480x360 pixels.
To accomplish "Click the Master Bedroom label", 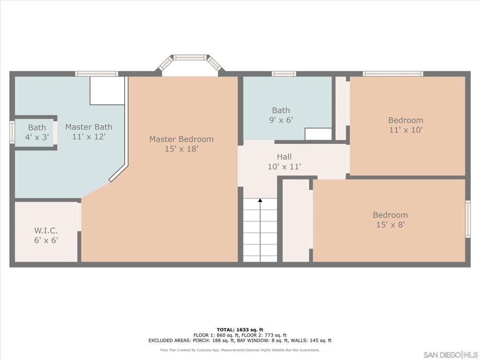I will click(x=181, y=139).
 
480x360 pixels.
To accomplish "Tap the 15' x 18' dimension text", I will click(x=181, y=149).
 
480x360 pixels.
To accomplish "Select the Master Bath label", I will click(x=89, y=127).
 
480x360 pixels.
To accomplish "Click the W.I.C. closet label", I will click(x=46, y=231).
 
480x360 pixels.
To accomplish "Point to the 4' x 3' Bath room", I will click(x=37, y=133).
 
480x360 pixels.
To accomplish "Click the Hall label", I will click(x=284, y=157).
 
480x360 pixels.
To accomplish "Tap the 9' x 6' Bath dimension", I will click(x=281, y=120).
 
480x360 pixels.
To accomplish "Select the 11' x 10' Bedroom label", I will click(x=405, y=120).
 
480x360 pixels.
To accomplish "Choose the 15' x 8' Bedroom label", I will click(x=390, y=215).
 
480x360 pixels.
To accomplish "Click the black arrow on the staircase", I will click(x=260, y=201).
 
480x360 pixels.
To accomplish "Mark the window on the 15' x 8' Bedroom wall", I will click(x=467, y=219).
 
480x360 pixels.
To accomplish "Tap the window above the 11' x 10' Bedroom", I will click(x=393, y=74).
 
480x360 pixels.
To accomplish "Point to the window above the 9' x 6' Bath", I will click(x=284, y=74).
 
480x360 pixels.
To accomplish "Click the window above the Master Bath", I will click(x=97, y=74).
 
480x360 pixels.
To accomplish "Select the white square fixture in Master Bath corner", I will click(x=107, y=91).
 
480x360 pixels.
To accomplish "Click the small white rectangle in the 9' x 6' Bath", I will click(x=318, y=134).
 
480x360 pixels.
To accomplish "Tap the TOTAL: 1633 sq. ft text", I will click(x=240, y=330).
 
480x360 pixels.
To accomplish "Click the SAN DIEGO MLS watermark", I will click(x=450, y=354).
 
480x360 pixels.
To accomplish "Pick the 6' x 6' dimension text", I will click(x=46, y=240).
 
